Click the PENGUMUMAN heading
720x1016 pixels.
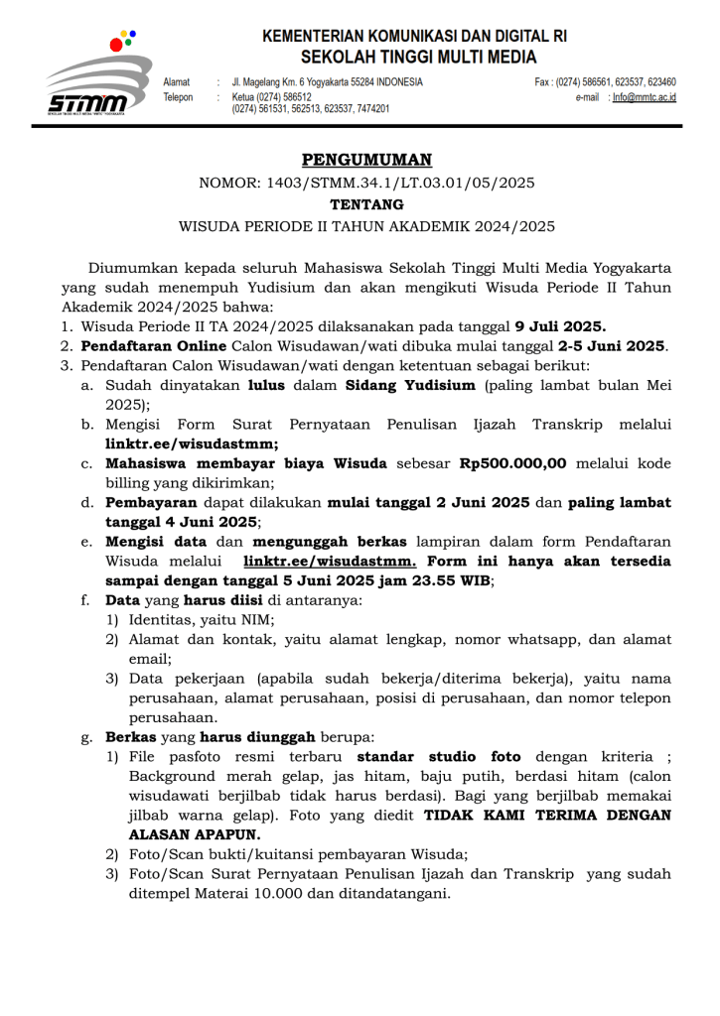coord(366,160)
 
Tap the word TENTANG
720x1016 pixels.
coord(366,204)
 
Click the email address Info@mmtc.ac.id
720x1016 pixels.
coord(644,97)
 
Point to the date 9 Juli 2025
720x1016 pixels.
coord(560,326)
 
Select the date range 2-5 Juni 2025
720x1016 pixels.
coord(612,345)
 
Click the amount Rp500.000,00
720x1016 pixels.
coord(512,463)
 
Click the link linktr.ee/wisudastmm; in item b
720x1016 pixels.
coord(192,444)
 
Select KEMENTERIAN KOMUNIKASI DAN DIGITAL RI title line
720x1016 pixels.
coord(414,35)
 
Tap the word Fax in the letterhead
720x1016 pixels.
coord(542,82)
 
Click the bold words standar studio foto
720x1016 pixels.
coord(439,757)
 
